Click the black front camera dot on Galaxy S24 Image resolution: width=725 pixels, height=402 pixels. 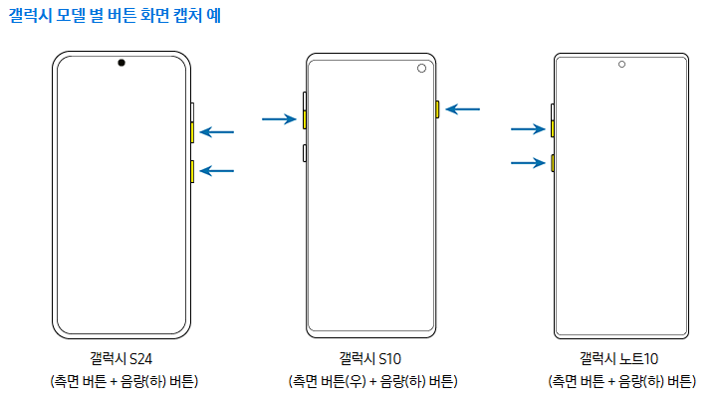pos(121,64)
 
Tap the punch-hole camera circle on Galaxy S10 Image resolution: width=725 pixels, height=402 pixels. pos(420,69)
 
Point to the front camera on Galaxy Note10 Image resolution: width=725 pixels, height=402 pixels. pos(621,64)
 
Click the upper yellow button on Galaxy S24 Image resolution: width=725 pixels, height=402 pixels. pos(192,131)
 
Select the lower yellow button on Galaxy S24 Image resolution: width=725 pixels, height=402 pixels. pos(192,171)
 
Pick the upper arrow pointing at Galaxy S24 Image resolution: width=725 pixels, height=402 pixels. pos(218,131)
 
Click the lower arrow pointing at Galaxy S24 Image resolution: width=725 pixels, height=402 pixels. pos(218,171)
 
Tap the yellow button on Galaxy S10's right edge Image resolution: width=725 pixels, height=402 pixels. pos(436,108)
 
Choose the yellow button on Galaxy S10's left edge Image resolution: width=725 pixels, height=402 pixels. pos(305,119)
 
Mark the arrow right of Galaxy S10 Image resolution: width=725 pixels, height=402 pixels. pos(463,108)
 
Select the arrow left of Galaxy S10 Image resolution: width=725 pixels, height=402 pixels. pos(279,119)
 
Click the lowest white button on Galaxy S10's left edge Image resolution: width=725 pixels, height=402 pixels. pos(305,152)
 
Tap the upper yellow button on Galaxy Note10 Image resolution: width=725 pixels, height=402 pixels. pos(551,128)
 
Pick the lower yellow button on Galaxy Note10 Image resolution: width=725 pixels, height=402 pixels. pos(551,162)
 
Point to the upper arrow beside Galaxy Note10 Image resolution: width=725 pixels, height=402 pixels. pos(528,128)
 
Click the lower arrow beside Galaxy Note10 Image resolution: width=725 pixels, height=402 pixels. pos(528,162)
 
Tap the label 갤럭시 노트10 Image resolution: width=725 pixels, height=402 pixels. pos(620,358)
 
